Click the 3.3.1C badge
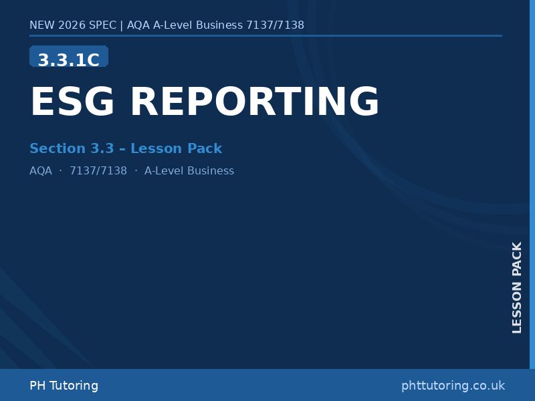click(x=69, y=59)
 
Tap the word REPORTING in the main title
click(x=254, y=103)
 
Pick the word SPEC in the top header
click(x=102, y=25)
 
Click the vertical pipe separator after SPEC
click(x=121, y=25)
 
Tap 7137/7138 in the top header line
click(x=275, y=25)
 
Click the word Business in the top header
click(x=219, y=25)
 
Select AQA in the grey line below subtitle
click(x=41, y=171)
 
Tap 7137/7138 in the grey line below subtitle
click(x=98, y=171)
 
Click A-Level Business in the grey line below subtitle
click(x=189, y=171)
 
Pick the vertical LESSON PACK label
click(x=517, y=287)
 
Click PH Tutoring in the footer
click(x=64, y=386)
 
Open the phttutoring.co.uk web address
click(x=453, y=386)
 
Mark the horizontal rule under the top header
click(x=265, y=35)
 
